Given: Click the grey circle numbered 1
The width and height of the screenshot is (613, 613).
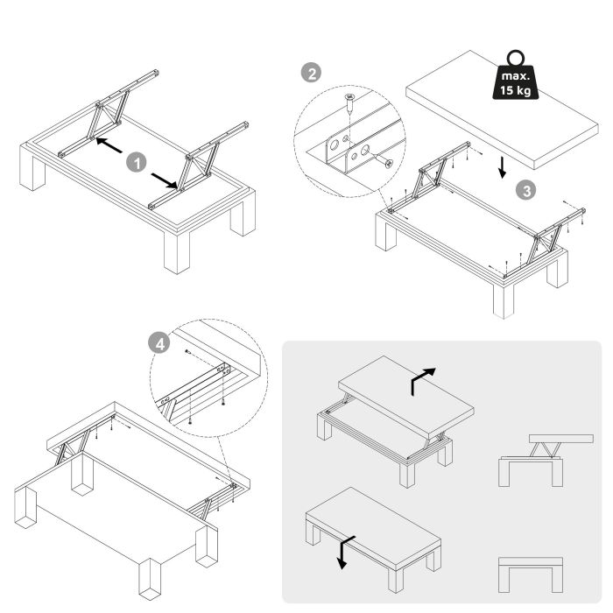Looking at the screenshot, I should tap(136, 162).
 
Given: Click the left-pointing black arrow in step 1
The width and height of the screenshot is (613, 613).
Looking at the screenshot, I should tap(107, 146).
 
